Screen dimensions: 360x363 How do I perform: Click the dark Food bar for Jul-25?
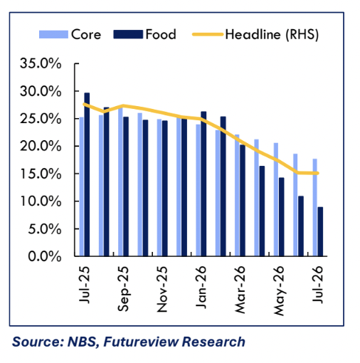[87, 174]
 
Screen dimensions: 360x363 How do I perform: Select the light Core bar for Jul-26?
[315, 207]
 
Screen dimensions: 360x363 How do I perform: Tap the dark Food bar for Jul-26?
[320, 231]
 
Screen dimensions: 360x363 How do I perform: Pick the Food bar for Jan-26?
[203, 184]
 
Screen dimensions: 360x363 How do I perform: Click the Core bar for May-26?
[276, 199]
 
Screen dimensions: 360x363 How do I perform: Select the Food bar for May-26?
[281, 217]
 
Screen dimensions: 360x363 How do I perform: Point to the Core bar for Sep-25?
[120, 181]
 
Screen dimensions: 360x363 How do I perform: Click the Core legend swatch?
[53, 34]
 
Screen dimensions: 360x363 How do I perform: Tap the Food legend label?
[161, 34]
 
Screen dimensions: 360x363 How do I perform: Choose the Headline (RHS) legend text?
[272, 35]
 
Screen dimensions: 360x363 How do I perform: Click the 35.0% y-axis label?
[41, 63]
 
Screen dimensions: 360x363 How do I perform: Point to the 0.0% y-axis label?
[45, 256]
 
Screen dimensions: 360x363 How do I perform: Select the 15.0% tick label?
[41, 174]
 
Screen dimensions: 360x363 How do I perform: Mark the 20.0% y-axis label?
[41, 146]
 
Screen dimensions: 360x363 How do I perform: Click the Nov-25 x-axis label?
[162, 289]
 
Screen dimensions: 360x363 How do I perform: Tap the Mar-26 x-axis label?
[240, 290]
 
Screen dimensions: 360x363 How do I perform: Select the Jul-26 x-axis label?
[317, 284]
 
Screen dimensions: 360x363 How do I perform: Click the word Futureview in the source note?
[141, 342]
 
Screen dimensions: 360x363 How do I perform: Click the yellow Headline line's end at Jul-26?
[318, 173]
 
